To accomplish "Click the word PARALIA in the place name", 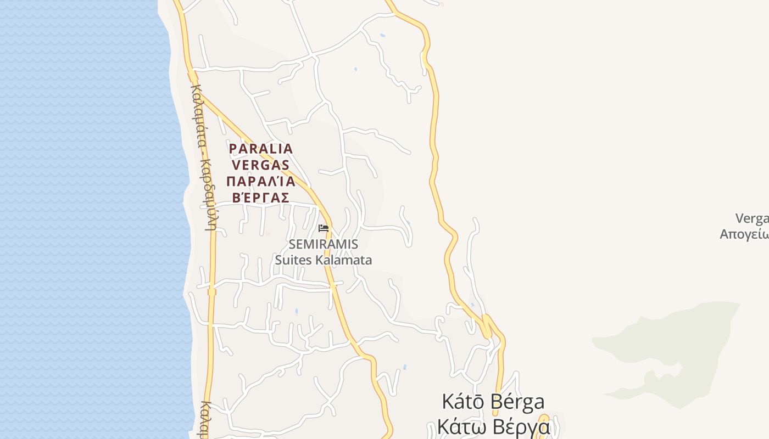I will point(261,149).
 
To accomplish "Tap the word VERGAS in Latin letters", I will point(261,165).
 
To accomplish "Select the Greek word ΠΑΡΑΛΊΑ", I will point(261,182).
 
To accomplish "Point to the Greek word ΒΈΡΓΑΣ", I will point(261,198).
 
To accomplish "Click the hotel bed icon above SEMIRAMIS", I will point(324,228).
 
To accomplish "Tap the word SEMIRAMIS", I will point(324,244).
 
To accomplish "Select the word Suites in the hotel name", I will point(293,260).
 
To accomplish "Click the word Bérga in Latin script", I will point(517,402).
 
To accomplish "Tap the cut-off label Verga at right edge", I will point(752,218).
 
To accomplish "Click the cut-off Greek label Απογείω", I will point(744,234).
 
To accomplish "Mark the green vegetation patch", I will point(676,346).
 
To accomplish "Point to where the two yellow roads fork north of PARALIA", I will point(192,77).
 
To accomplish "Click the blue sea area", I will point(82,219).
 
